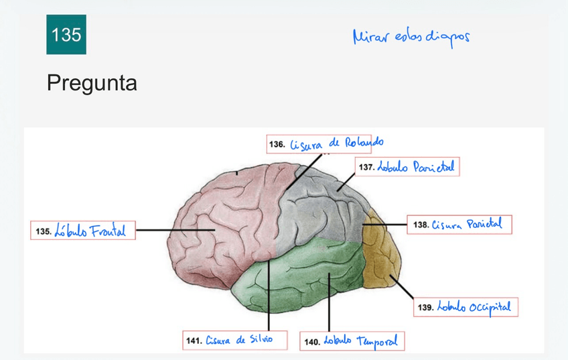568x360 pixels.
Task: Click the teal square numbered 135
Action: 66,34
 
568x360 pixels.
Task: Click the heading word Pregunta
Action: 92,83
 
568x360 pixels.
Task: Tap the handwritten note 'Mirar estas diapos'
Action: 411,37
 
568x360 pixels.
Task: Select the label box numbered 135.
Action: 83,230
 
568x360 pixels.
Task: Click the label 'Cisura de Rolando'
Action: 326,143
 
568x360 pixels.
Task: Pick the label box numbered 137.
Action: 407,166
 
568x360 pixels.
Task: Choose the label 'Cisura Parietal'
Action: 459,224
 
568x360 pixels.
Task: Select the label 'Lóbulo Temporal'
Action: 352,340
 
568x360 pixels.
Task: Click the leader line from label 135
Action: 174,230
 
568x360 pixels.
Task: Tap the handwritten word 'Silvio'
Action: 260,339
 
